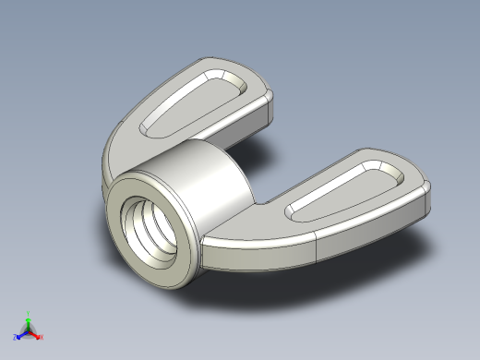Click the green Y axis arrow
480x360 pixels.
coord(29,320)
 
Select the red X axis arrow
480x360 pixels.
coord(36,335)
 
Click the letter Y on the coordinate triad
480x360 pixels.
coord(29,313)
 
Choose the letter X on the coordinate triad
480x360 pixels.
coord(42,338)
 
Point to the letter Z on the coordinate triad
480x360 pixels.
coord(15,339)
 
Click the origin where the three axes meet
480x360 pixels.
coord(29,330)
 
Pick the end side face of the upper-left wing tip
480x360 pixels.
coord(270,108)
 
